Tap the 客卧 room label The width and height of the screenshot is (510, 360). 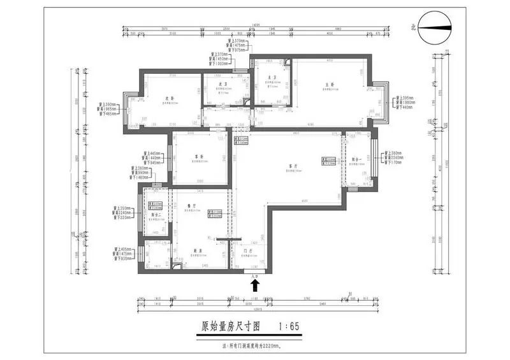(197, 156)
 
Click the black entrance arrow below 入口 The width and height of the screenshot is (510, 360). (256, 285)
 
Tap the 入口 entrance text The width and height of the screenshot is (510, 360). (256, 277)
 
